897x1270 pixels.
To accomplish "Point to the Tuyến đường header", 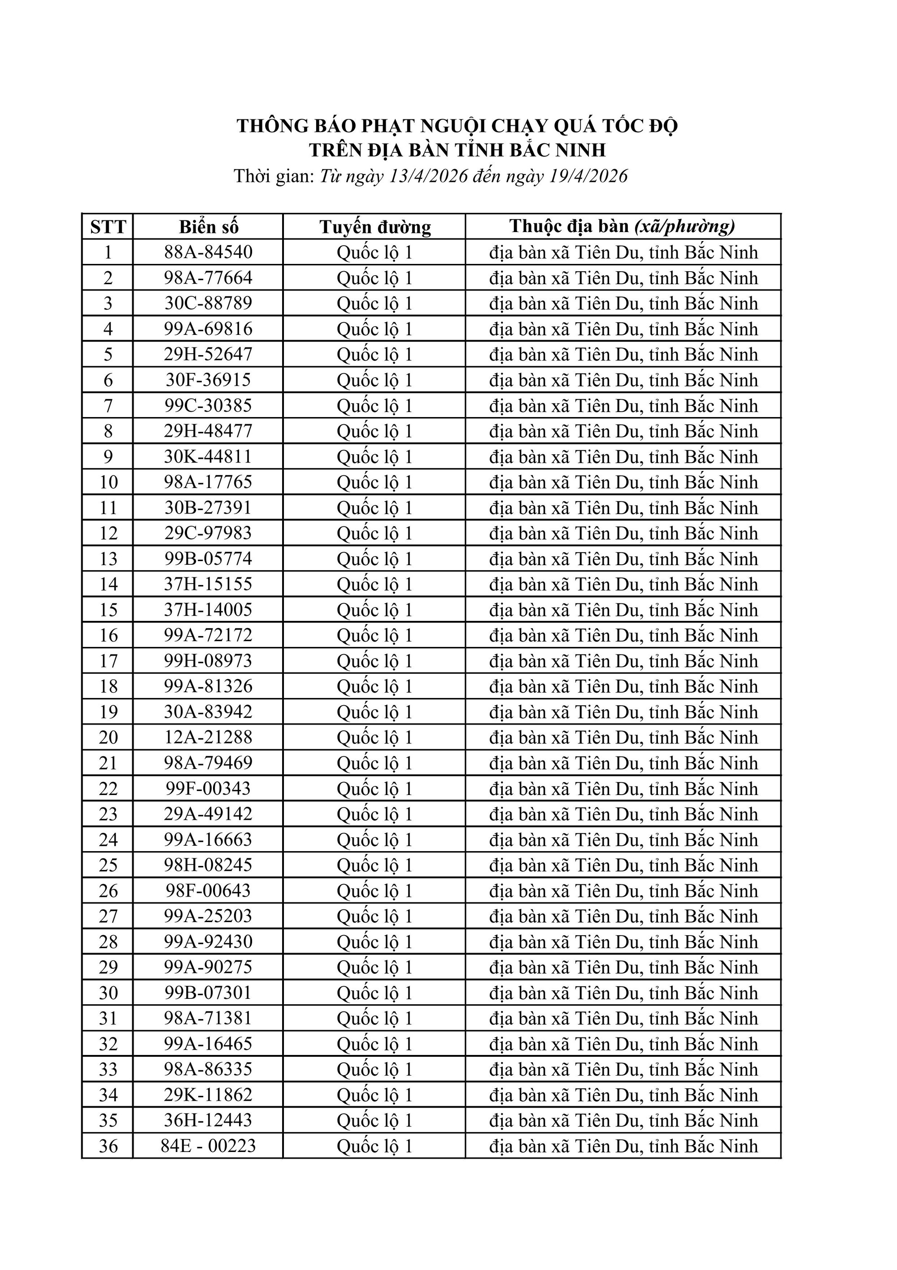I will (x=374, y=227).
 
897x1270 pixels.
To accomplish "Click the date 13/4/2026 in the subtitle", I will (x=429, y=176).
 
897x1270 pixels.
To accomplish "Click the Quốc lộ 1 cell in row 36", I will (x=374, y=1146).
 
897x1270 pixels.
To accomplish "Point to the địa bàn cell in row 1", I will (x=623, y=253).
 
